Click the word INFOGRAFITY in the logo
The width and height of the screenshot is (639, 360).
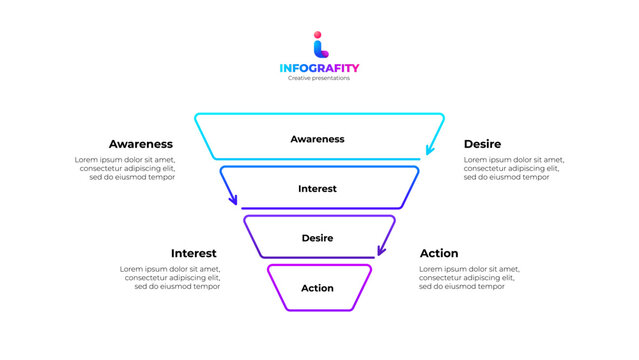(319, 68)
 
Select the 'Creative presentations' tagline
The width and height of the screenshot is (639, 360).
(319, 78)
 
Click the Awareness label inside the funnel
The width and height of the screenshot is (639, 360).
(317, 139)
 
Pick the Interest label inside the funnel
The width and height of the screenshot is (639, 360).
(317, 188)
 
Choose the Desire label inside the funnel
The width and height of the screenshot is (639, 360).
(317, 238)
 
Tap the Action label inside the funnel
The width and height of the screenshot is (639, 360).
(317, 288)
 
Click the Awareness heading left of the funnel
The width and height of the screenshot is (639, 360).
(141, 144)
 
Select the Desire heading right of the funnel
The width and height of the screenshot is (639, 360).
(482, 144)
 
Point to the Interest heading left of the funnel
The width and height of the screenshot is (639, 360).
(193, 253)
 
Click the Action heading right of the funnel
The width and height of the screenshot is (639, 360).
(439, 253)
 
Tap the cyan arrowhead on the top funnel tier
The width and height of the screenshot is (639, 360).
(430, 151)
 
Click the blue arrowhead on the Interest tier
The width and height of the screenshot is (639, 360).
(234, 200)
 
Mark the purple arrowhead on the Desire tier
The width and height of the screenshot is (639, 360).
(381, 250)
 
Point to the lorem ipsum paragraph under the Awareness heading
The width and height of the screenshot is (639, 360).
(125, 168)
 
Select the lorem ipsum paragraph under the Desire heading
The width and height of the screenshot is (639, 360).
(513, 168)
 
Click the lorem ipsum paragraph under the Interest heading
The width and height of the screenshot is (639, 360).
(170, 277)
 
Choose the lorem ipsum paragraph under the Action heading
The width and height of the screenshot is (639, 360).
(469, 277)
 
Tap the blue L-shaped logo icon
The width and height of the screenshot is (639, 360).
(320, 49)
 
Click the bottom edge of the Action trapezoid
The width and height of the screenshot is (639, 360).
(319, 311)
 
